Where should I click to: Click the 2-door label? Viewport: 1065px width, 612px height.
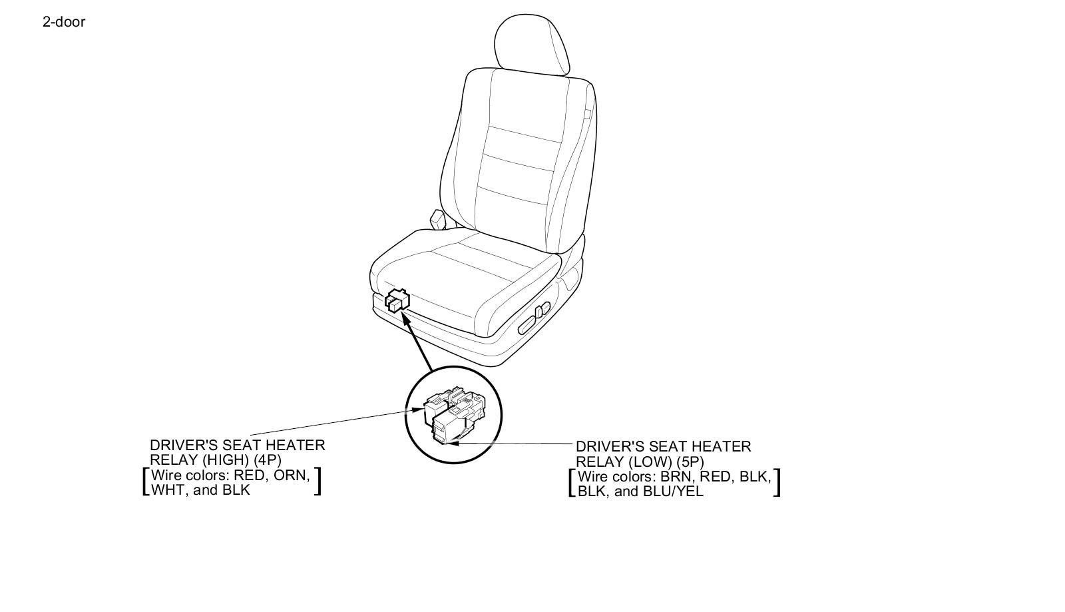click(64, 22)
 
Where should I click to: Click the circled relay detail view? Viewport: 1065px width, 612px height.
click(454, 416)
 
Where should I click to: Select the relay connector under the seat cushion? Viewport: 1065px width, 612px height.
click(397, 300)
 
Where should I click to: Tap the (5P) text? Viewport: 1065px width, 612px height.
click(689, 461)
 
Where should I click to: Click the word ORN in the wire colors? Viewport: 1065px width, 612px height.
click(292, 475)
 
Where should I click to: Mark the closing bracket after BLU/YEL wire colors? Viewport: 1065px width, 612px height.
click(776, 483)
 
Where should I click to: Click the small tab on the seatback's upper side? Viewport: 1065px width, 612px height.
click(587, 113)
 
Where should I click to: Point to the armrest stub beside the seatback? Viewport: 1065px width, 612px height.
click(437, 219)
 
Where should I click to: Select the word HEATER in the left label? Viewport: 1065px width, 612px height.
click(301, 445)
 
